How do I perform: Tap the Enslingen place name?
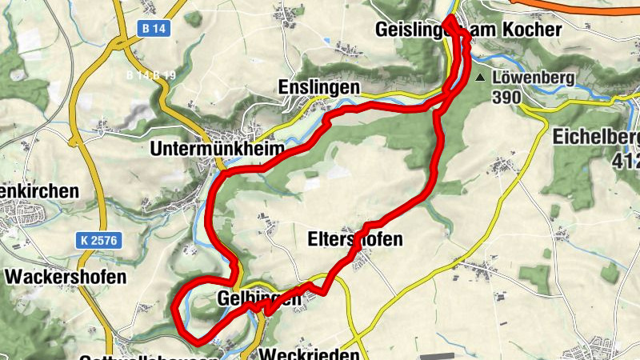(x=318, y=86)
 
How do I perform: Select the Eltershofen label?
(x=355, y=239)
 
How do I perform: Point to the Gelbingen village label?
(x=259, y=299)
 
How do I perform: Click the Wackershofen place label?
(x=66, y=277)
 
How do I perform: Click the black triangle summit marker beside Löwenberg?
(x=480, y=78)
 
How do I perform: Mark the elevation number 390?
(x=507, y=98)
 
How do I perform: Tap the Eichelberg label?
(x=596, y=137)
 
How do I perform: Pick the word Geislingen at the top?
(x=410, y=30)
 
